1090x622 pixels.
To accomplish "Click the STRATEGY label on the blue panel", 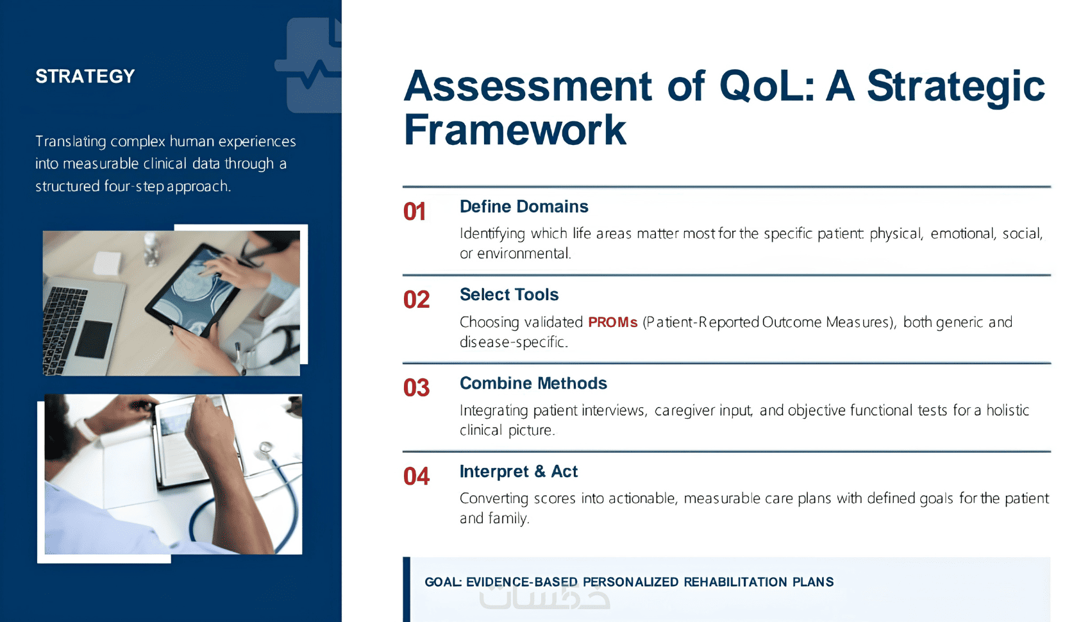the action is (85, 76).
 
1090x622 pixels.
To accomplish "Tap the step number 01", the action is (415, 212).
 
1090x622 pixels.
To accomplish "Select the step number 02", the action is (417, 300).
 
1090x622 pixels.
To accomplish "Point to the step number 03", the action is (417, 388).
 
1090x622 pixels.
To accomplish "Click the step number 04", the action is (417, 476).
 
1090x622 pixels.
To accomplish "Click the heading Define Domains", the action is (524, 206).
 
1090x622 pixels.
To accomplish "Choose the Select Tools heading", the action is (509, 294).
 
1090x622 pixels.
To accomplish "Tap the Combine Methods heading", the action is (533, 383).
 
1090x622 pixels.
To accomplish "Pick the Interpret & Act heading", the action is (519, 471).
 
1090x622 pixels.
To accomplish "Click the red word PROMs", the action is (612, 322).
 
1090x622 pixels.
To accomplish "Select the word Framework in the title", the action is (515, 130).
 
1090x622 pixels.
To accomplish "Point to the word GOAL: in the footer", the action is (443, 582).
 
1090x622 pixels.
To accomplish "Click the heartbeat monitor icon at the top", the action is (312, 65).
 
